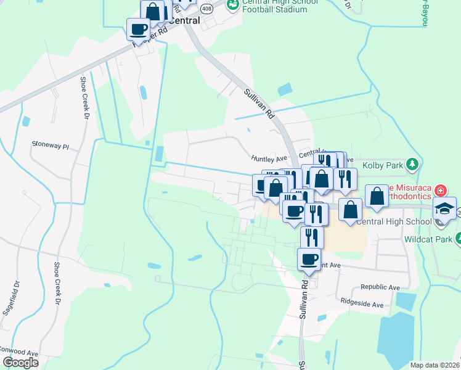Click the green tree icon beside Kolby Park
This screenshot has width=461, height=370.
[x=412, y=165]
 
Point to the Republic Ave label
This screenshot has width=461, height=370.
[x=380, y=287]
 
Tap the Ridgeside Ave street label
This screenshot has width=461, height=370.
[x=362, y=305]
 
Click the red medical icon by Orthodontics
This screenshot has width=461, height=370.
[x=440, y=189]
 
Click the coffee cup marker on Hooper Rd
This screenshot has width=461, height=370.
[x=138, y=28]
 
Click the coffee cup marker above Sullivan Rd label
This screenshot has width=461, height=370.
[x=308, y=258]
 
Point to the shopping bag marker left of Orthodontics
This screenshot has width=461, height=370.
[x=377, y=196]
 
